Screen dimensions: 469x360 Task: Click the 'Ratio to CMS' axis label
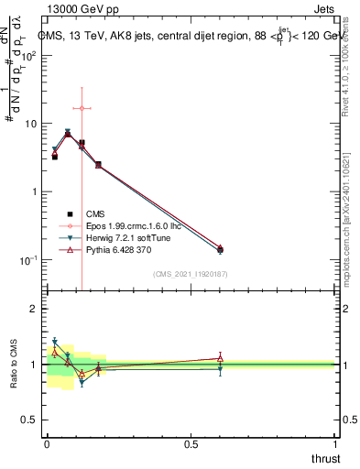coord(16,364)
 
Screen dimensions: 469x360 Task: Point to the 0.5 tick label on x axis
coord(191,444)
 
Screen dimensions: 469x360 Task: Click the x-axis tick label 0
coord(46,444)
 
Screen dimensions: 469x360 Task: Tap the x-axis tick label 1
coord(335,444)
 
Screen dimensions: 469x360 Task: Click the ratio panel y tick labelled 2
coord(35,309)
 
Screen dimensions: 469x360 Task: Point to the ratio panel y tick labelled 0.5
coord(31,420)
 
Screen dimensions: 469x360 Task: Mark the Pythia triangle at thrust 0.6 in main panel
coord(220,247)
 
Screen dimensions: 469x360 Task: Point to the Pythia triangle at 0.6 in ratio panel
coord(220,358)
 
